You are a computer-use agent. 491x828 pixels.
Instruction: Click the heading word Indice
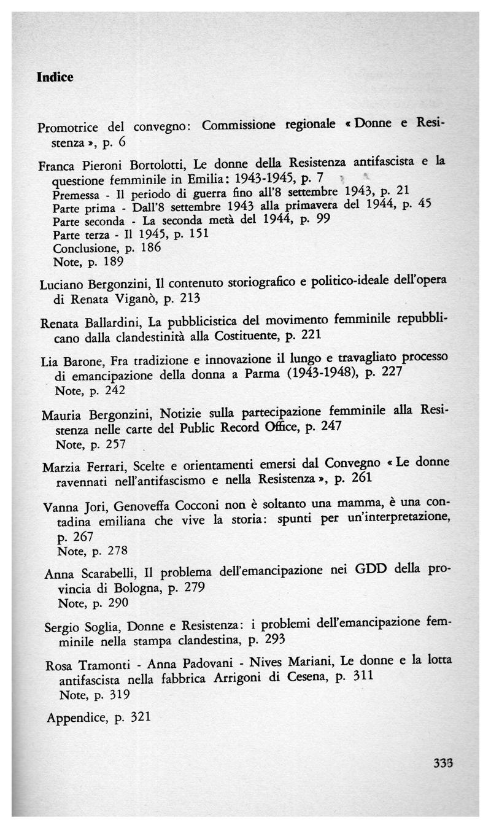click(x=55, y=77)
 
